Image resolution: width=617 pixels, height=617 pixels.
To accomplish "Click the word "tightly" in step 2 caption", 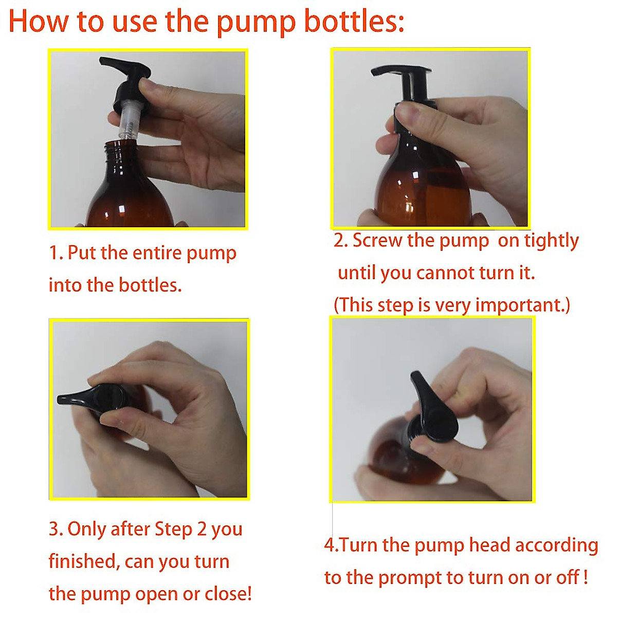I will coord(551,241).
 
